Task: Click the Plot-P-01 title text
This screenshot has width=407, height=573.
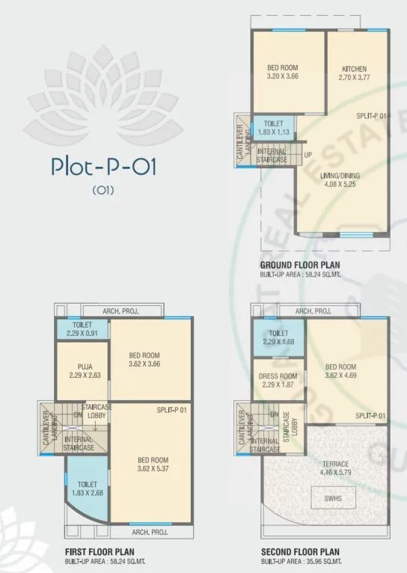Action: [103, 165]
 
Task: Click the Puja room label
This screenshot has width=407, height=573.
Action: [84, 371]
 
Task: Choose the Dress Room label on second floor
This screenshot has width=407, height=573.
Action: [278, 381]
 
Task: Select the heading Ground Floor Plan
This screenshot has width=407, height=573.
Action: [300, 266]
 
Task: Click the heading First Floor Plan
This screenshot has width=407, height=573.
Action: [97, 553]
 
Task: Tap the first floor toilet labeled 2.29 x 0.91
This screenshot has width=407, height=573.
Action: [83, 330]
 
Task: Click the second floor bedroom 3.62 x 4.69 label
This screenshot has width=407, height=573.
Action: [340, 371]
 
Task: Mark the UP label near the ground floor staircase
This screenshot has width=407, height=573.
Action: [307, 155]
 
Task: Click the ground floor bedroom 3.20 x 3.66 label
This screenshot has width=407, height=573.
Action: [287, 72]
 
